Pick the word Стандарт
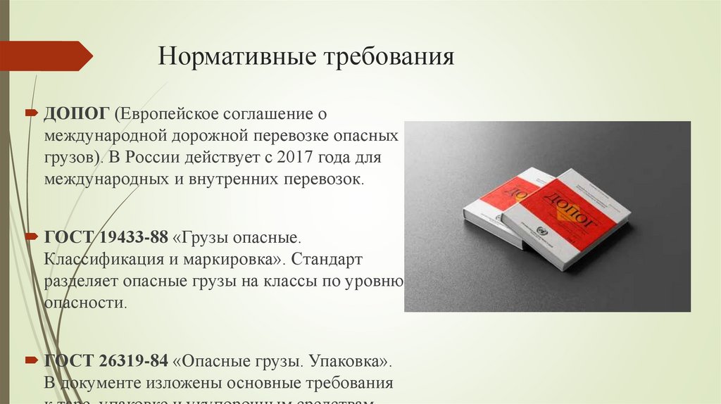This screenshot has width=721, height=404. [x=325, y=260]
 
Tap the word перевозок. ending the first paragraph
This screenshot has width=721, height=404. [x=323, y=179]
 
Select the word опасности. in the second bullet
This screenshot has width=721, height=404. [x=85, y=303]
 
